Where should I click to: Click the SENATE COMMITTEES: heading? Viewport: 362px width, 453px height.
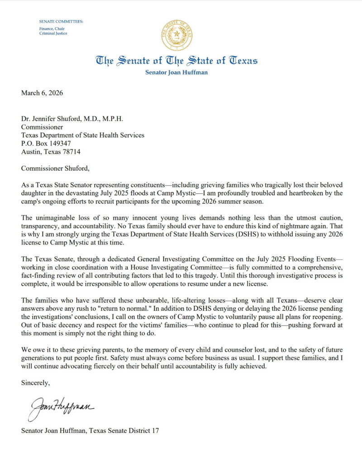pyautogui.click(x=61, y=21)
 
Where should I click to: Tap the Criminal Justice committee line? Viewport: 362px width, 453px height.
pyautogui.click(x=53, y=33)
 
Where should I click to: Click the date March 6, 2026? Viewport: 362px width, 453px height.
pyautogui.click(x=42, y=93)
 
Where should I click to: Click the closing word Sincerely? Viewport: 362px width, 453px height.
pyautogui.click(x=36, y=383)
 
